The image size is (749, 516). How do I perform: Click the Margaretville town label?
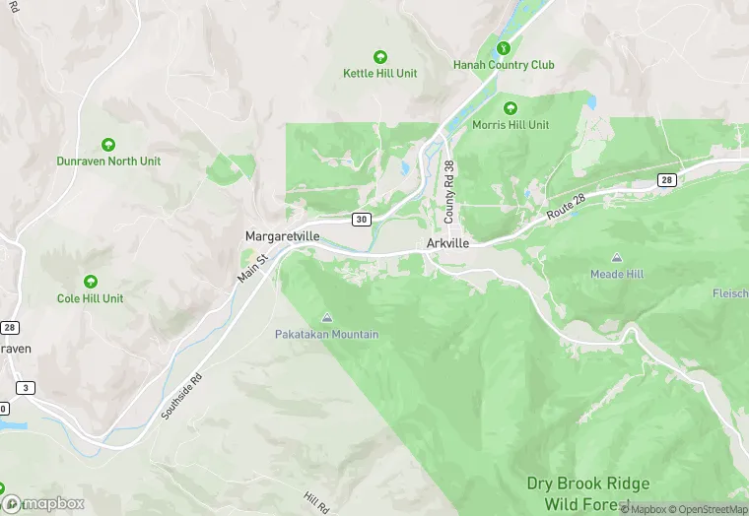pos(284,237)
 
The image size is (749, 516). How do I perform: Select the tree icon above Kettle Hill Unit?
pos(379,57)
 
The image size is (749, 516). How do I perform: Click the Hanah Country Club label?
pos(504,65)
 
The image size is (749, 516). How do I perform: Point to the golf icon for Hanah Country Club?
pos(504,47)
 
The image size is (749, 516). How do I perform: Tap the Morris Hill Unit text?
pos(511,125)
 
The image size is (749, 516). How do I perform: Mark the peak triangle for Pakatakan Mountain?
pos(327,317)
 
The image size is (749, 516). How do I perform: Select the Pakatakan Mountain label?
pos(326,335)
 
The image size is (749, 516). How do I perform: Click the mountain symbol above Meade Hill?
pos(617,257)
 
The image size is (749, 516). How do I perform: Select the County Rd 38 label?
pos(448,191)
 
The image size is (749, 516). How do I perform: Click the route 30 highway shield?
pos(363,219)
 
